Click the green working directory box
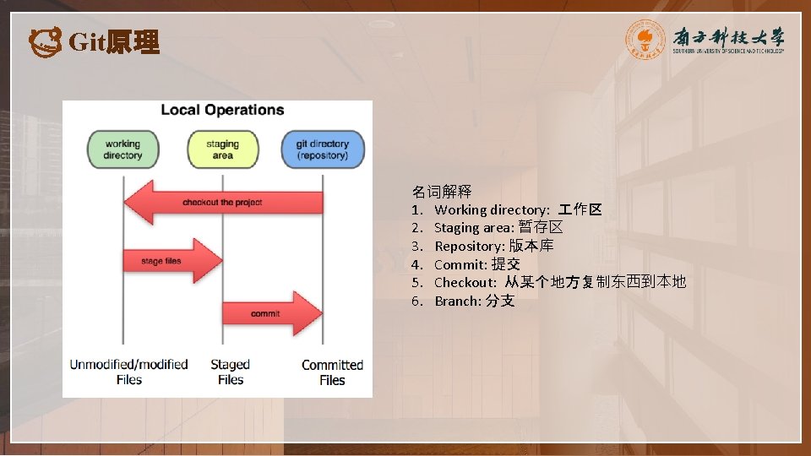pos(122,149)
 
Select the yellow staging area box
pos(222,149)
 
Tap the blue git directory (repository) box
pos(322,149)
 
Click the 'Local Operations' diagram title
pos(222,110)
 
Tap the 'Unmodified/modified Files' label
pos(128,372)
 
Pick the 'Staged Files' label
pos(230,372)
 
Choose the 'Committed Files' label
pos(332,372)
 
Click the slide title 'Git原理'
pos(113,42)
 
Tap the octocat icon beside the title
pos(45,41)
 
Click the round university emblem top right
pos(645,40)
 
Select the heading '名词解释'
pos(441,192)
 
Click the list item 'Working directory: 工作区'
pos(517,209)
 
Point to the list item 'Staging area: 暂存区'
pos(498,228)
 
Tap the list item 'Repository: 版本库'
pos(494,247)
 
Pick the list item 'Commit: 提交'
pos(477,265)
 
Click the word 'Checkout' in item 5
pos(465,283)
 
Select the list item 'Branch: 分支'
pos(474,301)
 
